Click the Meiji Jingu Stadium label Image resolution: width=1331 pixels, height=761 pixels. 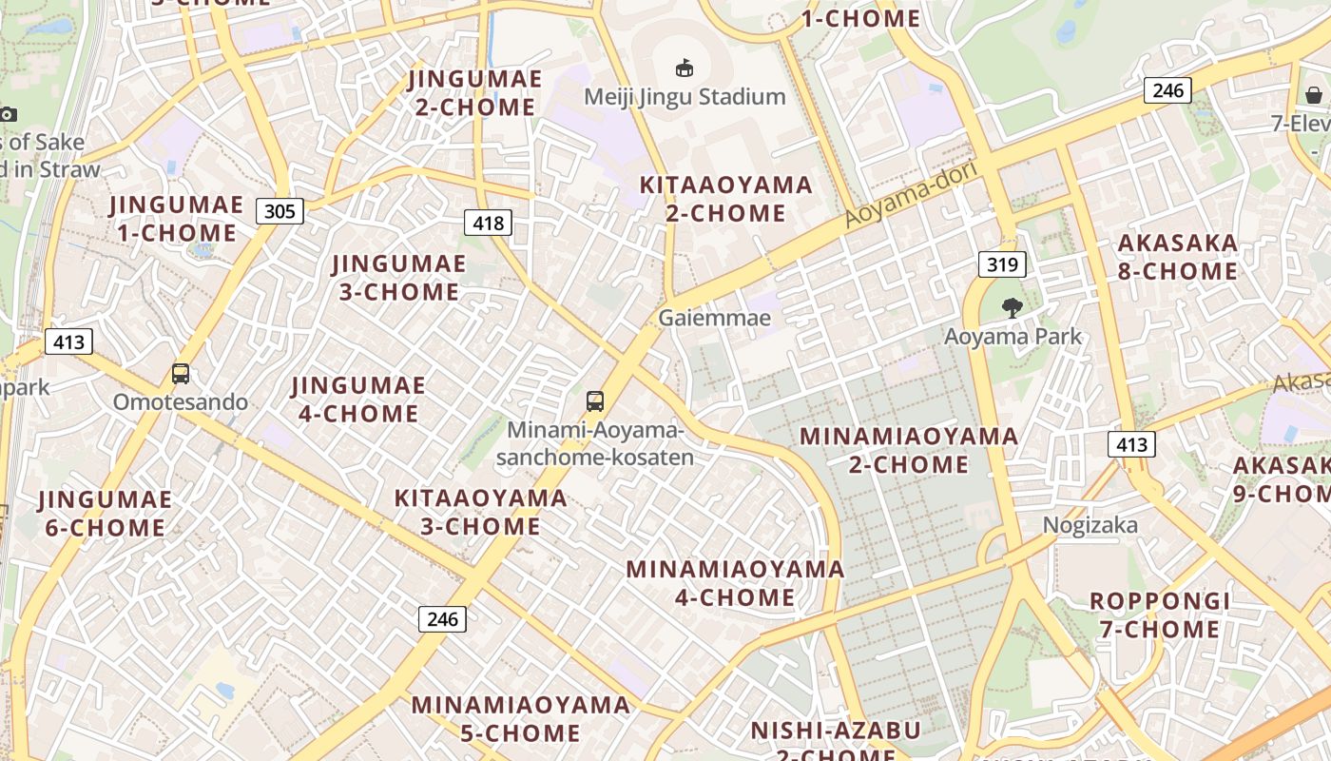[x=685, y=96]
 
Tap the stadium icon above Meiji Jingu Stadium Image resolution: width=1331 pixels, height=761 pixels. [x=684, y=68]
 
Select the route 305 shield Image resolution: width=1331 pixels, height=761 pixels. [x=280, y=210]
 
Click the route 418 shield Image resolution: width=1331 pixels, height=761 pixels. [x=488, y=223]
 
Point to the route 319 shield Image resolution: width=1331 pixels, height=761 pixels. [x=1002, y=264]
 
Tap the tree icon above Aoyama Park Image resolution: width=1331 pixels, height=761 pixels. [x=1012, y=307]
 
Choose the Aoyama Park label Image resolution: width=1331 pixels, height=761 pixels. [x=1013, y=336]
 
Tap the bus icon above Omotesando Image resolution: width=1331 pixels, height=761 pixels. [x=181, y=374]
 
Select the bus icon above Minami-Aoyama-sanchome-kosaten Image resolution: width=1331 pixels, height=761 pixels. [x=595, y=401]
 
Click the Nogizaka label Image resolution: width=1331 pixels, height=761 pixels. [x=1090, y=525]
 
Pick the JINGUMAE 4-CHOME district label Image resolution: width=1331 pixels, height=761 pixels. [x=358, y=400]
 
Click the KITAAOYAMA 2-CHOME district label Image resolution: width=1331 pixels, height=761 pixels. [x=725, y=199]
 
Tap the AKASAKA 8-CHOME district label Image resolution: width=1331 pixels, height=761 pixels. [x=1178, y=257]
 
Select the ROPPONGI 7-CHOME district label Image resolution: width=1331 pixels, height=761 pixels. [x=1160, y=615]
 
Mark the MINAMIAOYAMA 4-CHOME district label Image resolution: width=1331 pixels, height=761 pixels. [x=735, y=583]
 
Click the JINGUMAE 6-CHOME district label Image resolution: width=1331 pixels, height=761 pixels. [x=105, y=514]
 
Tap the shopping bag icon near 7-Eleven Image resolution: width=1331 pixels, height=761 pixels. [x=1313, y=94]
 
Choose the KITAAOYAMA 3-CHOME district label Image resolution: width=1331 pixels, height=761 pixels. [x=480, y=512]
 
